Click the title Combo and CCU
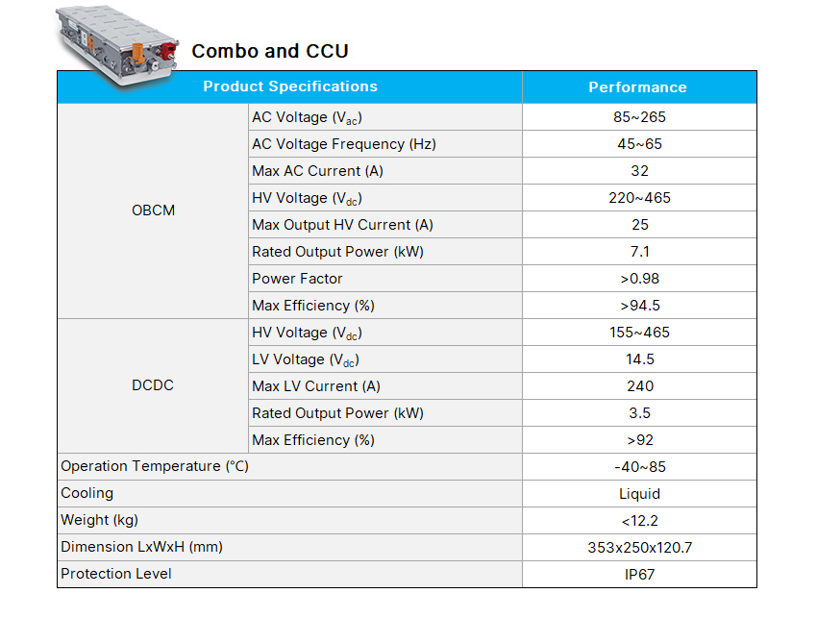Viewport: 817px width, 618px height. point(270,51)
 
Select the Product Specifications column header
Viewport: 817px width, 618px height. point(290,87)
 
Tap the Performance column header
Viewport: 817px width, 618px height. point(637,87)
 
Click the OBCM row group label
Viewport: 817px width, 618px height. point(153,210)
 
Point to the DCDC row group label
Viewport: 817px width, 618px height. point(153,385)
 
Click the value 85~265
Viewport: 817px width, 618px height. point(639,117)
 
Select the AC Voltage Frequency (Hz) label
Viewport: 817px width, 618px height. point(343,144)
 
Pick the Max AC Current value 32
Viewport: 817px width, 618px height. point(639,171)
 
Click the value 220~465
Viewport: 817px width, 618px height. point(639,198)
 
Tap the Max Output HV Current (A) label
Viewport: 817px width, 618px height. point(342,225)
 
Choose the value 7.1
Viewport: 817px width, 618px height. point(639,252)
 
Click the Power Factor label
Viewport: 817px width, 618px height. point(297,279)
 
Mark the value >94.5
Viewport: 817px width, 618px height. point(639,306)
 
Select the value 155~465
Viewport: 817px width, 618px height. point(639,333)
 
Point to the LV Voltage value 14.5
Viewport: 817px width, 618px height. point(639,359)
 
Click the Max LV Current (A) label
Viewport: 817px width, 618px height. point(316,386)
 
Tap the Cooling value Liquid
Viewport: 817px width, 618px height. point(639,494)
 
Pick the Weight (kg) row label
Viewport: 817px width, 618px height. point(99,520)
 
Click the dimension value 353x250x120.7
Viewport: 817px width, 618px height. point(639,547)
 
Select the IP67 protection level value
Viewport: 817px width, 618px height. point(639,574)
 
